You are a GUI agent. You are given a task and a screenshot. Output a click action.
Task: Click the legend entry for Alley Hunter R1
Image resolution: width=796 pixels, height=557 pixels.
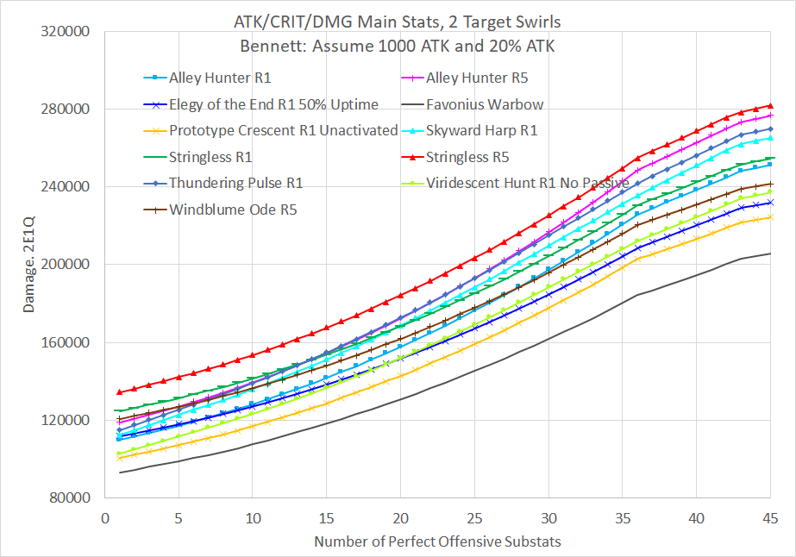click(x=221, y=78)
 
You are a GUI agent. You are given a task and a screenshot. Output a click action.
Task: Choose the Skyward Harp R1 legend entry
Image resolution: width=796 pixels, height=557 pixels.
click(x=482, y=131)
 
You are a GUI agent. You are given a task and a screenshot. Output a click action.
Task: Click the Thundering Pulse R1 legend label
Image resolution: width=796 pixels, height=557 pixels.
click(x=235, y=183)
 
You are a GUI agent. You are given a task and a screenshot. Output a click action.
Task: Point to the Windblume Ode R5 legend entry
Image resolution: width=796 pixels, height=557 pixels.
click(x=233, y=209)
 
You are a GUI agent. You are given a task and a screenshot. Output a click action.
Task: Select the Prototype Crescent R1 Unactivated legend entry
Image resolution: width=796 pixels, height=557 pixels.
click(x=283, y=131)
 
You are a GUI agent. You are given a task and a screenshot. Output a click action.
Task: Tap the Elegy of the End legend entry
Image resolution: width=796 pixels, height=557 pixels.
click(x=273, y=105)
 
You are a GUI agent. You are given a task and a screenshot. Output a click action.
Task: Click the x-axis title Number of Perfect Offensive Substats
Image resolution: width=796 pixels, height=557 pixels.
click(x=437, y=542)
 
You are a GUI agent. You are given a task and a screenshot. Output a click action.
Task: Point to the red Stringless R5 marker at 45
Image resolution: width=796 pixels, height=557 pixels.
click(x=770, y=105)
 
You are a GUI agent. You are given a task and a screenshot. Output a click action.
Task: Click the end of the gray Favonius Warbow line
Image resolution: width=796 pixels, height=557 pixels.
click(x=770, y=253)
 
